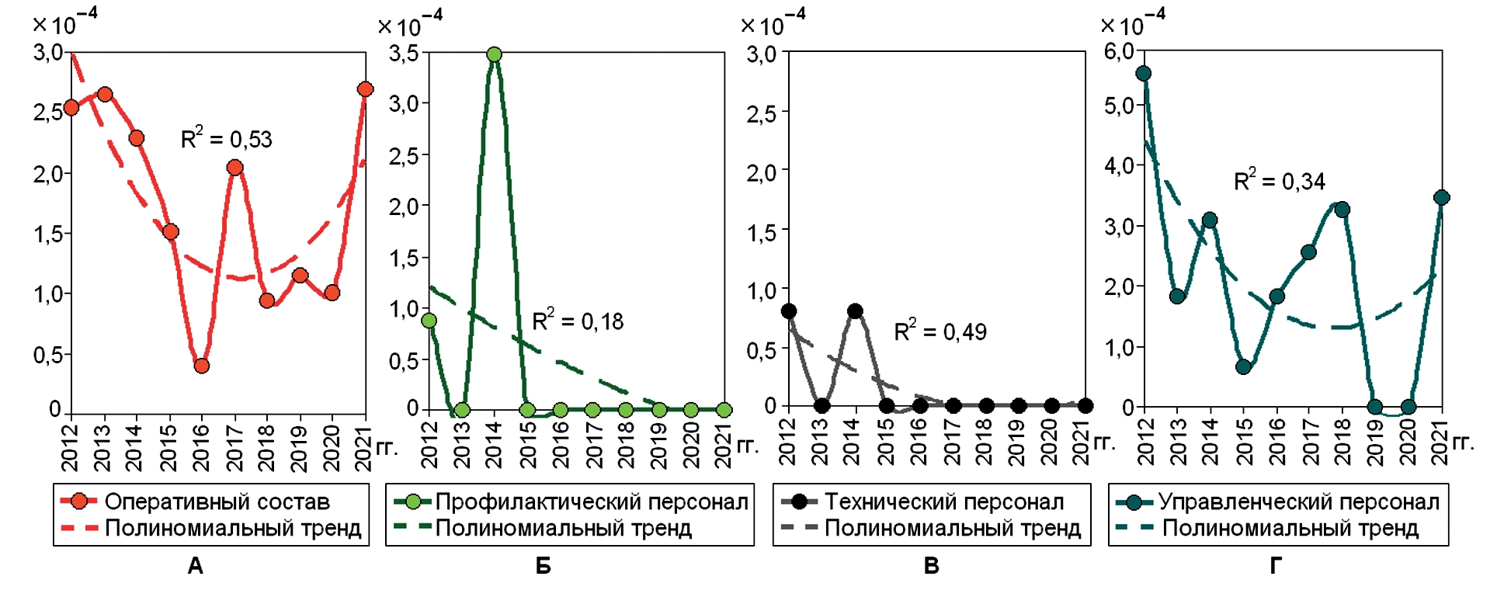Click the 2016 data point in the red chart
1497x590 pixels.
click(x=202, y=366)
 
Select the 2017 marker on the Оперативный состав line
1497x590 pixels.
click(x=235, y=168)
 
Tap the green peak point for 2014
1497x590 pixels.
click(x=495, y=54)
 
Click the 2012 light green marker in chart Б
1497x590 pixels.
click(x=429, y=321)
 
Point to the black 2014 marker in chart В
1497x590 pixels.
click(x=856, y=311)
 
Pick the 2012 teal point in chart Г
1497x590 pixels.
click(x=1144, y=74)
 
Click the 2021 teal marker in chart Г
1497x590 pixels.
click(x=1442, y=198)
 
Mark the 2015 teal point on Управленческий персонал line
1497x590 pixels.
click(x=1244, y=366)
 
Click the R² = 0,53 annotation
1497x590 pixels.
click(x=227, y=139)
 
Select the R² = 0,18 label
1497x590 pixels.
click(x=578, y=321)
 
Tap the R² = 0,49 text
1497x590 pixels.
click(x=940, y=331)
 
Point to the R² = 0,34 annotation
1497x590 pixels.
click(x=1280, y=181)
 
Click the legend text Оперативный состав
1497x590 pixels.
click(x=217, y=502)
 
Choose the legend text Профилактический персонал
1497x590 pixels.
click(x=592, y=502)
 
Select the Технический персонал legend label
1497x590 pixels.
click(x=944, y=502)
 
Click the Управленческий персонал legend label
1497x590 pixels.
click(x=1299, y=502)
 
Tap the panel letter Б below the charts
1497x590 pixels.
click(x=544, y=567)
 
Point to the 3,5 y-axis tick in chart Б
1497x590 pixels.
click(x=404, y=54)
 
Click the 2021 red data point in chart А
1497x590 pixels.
click(x=366, y=89)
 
